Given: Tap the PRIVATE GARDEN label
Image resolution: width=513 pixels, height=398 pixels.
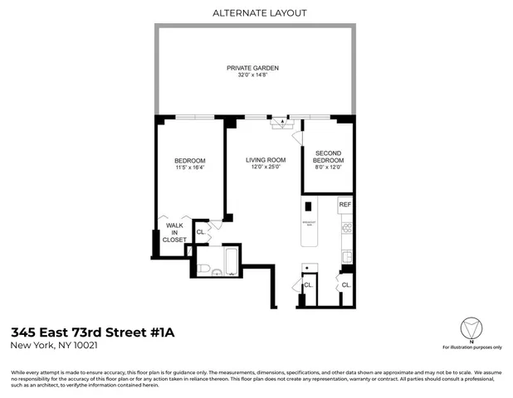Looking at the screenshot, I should pos(252,68).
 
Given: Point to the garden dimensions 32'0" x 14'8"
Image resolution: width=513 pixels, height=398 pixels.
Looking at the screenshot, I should pos(252,75).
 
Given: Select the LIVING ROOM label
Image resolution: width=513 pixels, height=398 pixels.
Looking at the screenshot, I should pos(265,160).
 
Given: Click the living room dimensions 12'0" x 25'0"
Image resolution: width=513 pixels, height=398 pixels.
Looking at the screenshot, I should pos(265,167).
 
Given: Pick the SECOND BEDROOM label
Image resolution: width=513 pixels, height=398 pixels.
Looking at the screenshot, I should pos(328,157).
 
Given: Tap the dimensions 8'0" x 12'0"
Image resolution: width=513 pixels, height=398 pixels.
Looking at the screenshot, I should pos(328,167).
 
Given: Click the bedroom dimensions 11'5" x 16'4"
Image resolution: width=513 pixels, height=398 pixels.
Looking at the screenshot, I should pos(189,167).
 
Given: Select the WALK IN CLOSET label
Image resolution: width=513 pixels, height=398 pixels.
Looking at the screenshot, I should pos(174,232).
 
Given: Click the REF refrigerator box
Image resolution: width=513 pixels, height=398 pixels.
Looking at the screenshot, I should pos(345,204).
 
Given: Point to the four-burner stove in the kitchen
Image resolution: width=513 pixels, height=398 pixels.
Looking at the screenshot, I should pos(346,227).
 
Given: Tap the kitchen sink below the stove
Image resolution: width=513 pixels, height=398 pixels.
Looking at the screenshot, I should pos(347,255).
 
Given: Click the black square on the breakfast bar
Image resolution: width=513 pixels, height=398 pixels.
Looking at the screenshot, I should pos(308,206).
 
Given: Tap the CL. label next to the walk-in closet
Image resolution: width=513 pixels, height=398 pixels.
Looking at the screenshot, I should pos(200,232).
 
